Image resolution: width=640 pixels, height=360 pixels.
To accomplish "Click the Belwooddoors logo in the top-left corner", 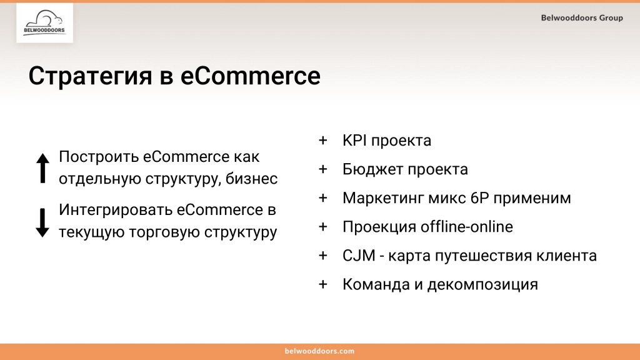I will [44, 23].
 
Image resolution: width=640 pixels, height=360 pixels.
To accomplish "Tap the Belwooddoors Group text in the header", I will [582, 18].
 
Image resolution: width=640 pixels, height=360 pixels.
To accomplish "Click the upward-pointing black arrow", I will [42, 168].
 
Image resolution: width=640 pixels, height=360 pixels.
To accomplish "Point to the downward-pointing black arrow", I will [42, 222].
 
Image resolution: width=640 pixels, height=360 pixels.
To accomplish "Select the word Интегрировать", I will [114, 210].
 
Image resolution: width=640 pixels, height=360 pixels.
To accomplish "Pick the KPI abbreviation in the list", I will [354, 141].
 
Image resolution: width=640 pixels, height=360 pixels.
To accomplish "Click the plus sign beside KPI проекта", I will [322, 141].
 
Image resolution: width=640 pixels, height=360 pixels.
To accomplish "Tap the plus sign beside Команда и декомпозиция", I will [322, 284].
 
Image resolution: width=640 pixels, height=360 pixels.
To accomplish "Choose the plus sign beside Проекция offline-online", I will [322, 227].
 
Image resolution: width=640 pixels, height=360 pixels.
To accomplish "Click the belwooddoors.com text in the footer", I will [319, 351].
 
